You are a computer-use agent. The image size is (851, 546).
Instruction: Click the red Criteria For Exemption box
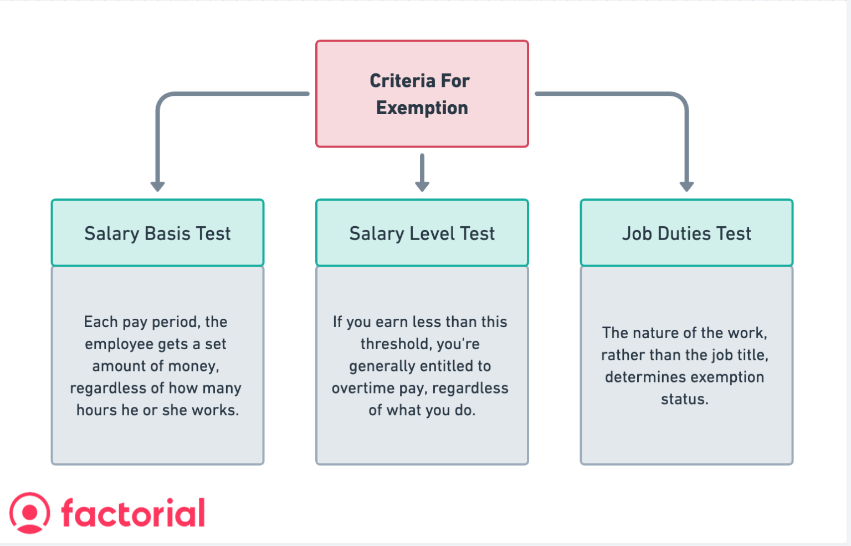tap(422, 94)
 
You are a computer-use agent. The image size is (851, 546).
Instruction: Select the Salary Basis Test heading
tap(158, 233)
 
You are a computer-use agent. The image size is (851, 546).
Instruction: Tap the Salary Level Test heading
tap(422, 233)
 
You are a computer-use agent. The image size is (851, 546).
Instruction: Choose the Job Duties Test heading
tap(686, 233)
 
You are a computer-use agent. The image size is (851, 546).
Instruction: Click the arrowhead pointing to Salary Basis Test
tap(158, 187)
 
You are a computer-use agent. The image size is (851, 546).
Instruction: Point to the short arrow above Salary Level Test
tap(422, 172)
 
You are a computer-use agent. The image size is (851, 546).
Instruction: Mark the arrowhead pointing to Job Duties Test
tap(686, 187)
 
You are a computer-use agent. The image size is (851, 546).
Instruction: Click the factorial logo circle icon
tap(29, 513)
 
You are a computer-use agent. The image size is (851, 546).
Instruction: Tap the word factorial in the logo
tap(134, 513)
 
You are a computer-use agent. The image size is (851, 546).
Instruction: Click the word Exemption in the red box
tap(422, 108)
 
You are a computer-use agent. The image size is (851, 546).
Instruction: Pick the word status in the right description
tap(685, 399)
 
